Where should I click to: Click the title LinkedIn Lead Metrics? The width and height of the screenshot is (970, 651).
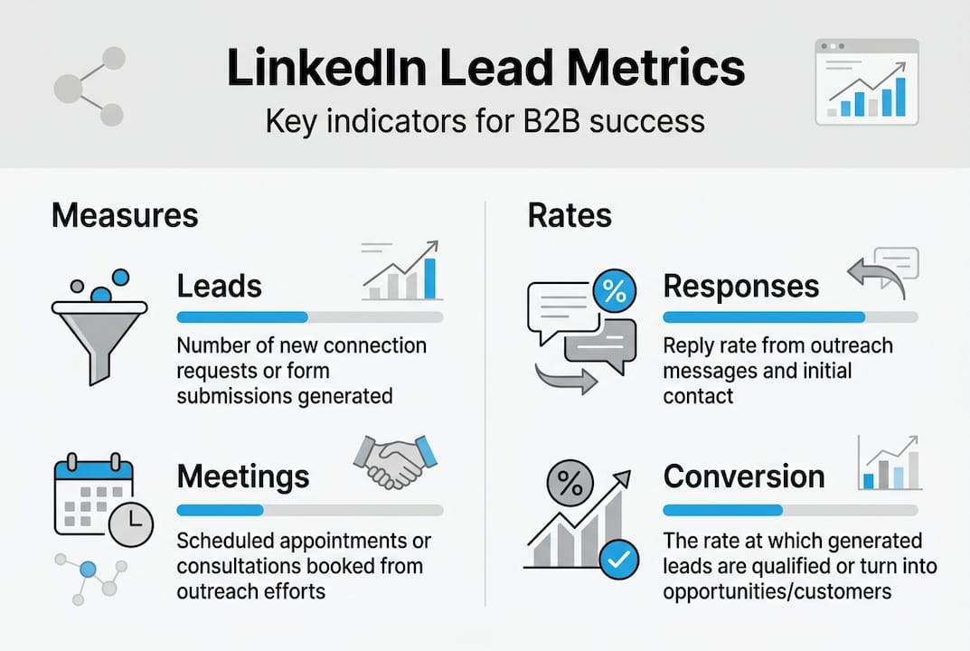coord(485,70)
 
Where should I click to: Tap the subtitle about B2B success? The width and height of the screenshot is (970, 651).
coord(485,120)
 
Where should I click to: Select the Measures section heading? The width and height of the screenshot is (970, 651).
coord(125,215)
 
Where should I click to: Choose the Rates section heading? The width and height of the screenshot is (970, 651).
coord(570,215)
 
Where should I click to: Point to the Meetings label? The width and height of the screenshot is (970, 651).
coord(243,476)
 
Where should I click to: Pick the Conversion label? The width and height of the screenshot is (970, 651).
coord(744,476)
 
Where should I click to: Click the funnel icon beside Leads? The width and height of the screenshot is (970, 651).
coord(99,325)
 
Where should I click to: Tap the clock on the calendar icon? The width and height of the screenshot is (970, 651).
coord(130,524)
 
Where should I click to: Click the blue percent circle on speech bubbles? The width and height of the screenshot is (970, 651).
coord(614,291)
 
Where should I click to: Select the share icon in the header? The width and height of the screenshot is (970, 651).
coord(89,87)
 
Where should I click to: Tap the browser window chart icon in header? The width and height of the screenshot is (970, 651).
coord(866,81)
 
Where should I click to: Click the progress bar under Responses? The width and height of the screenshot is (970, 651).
coord(790,317)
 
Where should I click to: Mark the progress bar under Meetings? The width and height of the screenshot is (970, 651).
coord(309,509)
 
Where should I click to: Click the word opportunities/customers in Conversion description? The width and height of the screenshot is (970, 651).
coord(777,592)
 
